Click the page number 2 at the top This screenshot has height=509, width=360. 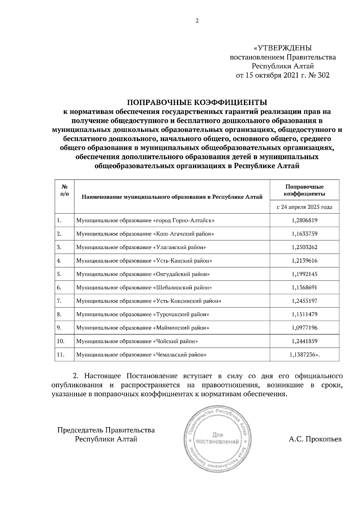click(197, 21)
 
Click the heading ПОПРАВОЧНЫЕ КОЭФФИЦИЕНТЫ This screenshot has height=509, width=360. click(197, 103)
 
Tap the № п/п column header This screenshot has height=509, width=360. click(64, 190)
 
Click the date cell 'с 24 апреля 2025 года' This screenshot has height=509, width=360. click(304, 207)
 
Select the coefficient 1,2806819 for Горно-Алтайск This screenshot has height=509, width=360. click(304, 221)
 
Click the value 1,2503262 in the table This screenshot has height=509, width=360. click(304, 247)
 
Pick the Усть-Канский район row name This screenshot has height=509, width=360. click(144, 261)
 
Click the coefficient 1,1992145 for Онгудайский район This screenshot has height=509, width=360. click(304, 274)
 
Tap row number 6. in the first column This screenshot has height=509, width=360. click(59, 287)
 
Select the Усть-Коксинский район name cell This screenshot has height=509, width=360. click(149, 301)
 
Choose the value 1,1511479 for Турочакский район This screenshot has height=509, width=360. click(304, 314)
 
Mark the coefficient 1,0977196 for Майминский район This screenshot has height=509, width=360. click(304, 328)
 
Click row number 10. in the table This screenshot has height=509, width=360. click(60, 341)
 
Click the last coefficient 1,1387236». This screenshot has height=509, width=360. click(304, 355)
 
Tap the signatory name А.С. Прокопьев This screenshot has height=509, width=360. click(315, 439)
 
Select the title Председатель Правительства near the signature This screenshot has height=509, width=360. click(106, 430)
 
